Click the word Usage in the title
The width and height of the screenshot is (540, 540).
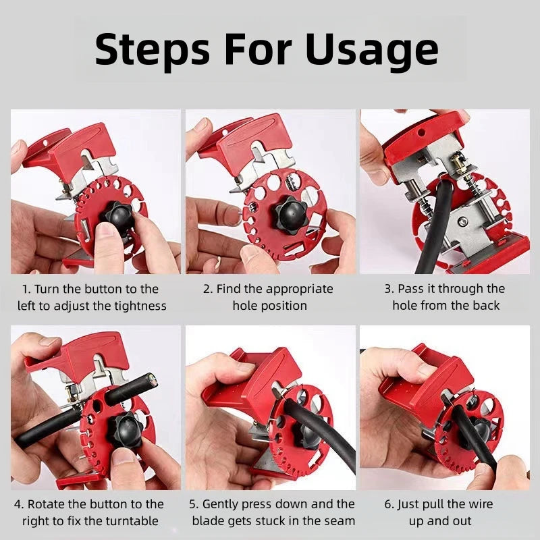click(371, 49)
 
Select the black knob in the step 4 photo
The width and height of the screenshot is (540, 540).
click(125, 433)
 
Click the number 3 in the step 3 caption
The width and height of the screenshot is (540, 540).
click(388, 289)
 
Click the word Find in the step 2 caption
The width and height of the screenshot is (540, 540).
click(229, 289)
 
